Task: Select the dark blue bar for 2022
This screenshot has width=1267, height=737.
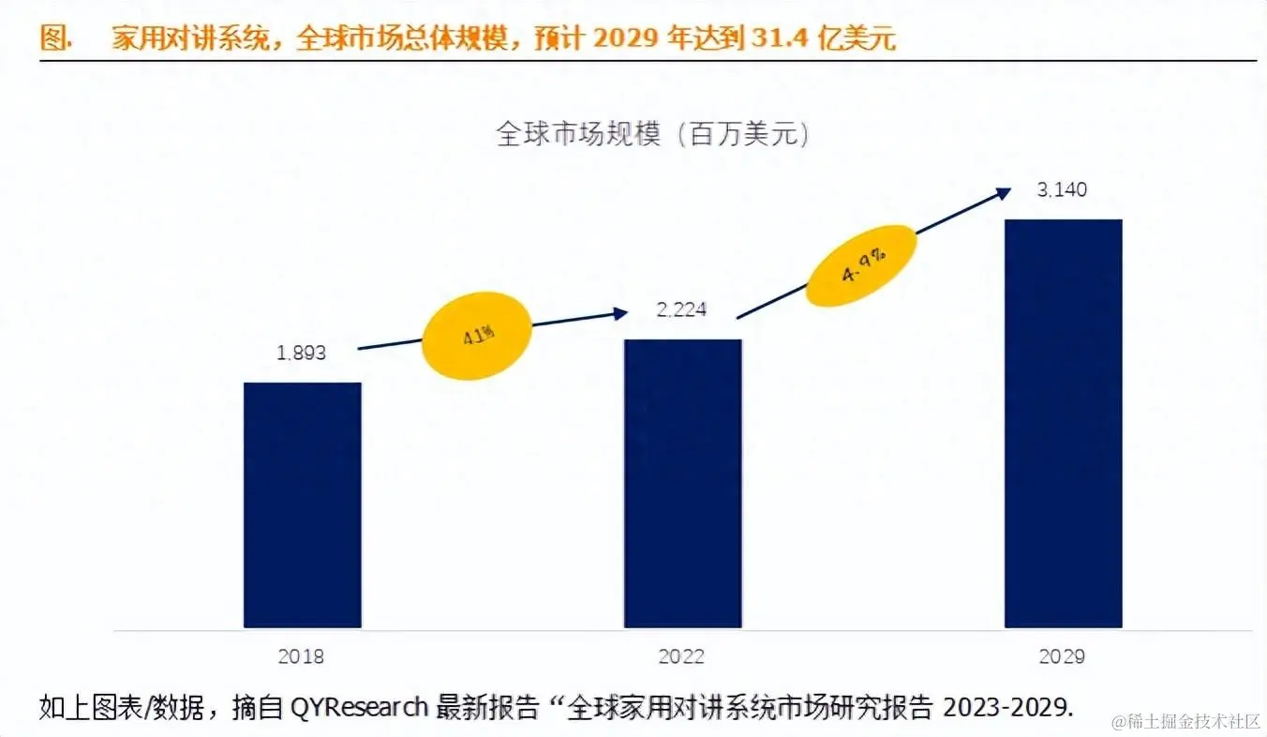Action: click(683, 483)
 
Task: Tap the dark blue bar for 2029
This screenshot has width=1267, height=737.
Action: click(1063, 423)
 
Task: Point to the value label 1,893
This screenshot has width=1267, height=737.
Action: click(302, 353)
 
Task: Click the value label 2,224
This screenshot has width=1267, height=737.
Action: click(681, 309)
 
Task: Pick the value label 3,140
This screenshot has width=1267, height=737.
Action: click(1062, 190)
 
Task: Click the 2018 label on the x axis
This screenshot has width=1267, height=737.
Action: click(302, 656)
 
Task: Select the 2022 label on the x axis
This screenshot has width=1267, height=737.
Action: click(682, 656)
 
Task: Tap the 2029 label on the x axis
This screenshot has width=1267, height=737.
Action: click(1062, 656)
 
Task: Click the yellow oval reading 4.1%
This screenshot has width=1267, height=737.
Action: click(477, 336)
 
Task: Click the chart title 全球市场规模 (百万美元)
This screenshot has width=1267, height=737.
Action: click(652, 135)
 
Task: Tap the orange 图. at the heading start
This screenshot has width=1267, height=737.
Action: click(56, 38)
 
